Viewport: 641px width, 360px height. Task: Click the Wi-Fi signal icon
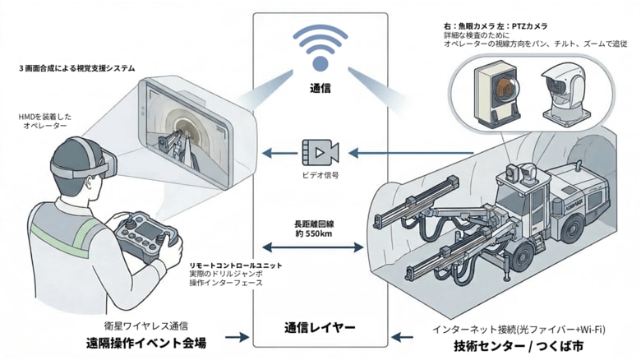(x=320, y=48)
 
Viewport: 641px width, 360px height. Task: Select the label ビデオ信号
(x=320, y=175)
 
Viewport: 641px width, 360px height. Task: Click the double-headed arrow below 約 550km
(x=320, y=247)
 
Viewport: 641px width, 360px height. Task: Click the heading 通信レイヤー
(x=320, y=327)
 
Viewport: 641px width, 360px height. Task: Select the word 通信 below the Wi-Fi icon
(x=320, y=89)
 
